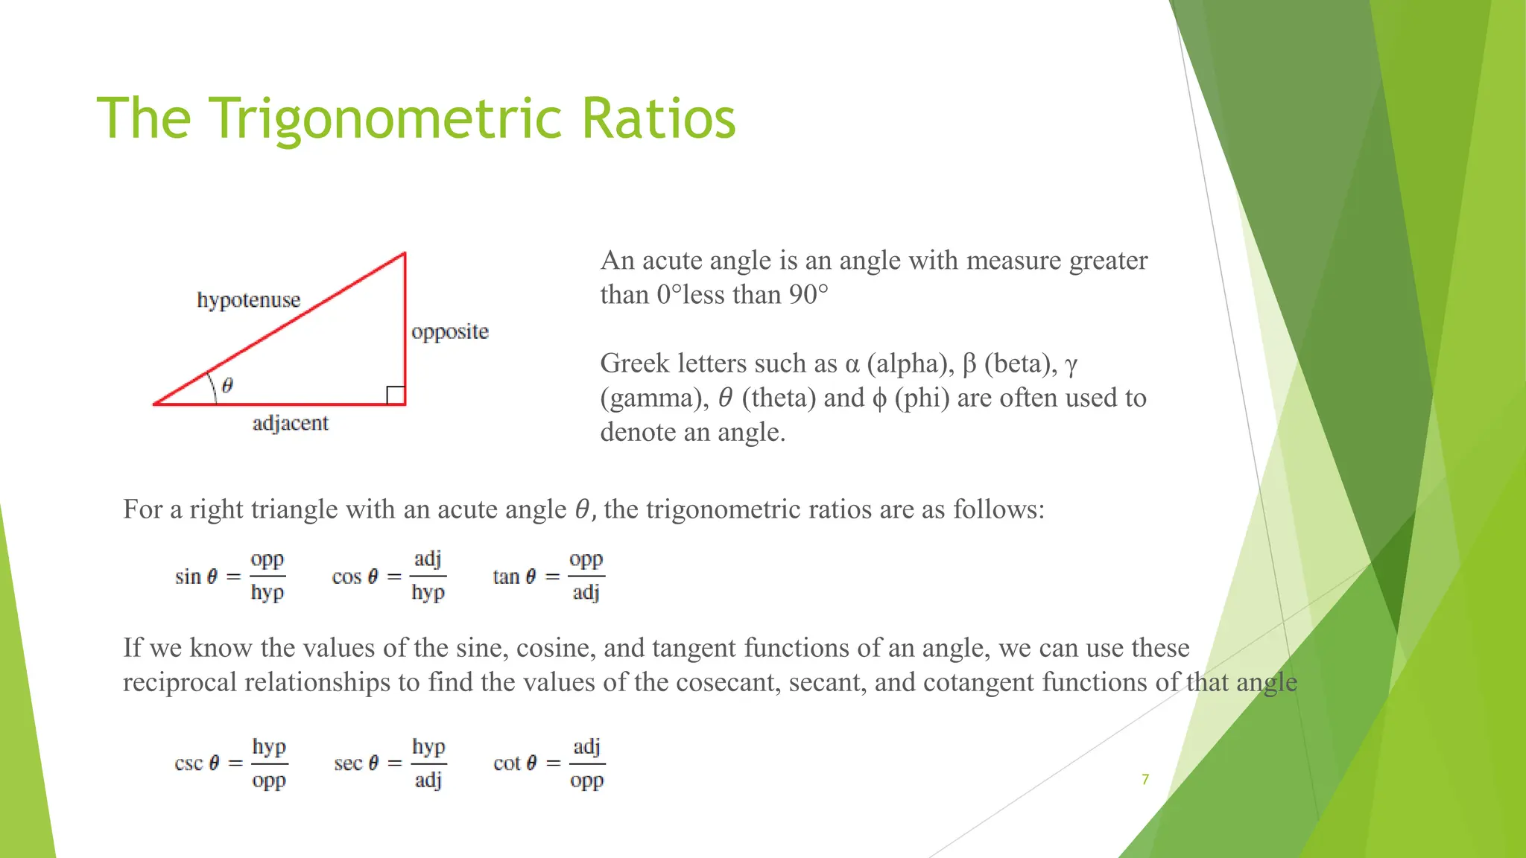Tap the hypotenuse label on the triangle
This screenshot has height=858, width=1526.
point(249,300)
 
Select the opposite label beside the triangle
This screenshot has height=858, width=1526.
point(450,331)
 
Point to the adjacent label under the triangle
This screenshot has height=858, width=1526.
point(290,423)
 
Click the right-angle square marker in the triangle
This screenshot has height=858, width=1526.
point(396,395)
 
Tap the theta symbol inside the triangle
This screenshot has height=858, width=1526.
point(227,385)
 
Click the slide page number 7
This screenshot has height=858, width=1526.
point(1145,780)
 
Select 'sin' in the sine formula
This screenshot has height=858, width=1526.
point(189,576)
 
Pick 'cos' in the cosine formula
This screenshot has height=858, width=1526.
point(346,576)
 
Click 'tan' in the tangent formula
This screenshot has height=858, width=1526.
point(506,576)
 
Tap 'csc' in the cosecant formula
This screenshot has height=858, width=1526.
point(189,763)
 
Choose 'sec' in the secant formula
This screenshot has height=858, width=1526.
point(348,763)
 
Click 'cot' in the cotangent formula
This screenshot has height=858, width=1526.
point(507,763)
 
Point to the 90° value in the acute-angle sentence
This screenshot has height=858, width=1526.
point(808,295)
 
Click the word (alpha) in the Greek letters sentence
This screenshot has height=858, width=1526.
point(910,363)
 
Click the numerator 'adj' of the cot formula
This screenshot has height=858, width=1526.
point(586,746)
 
